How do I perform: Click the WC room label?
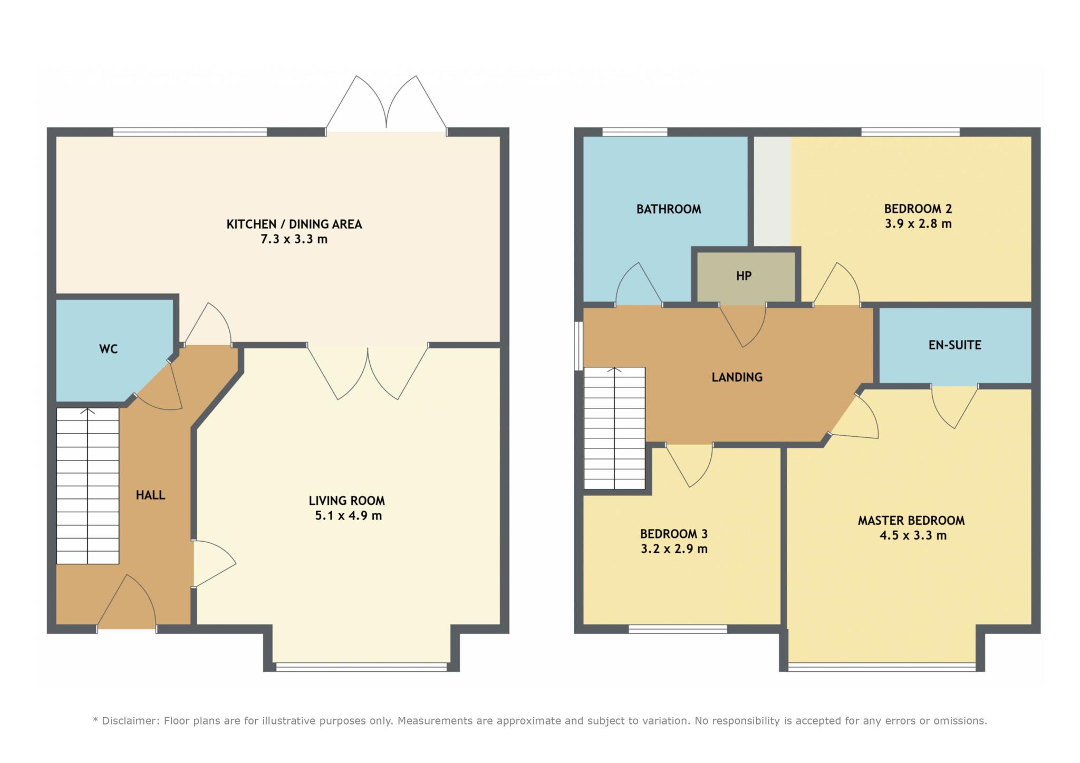tap(108, 349)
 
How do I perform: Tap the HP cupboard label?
tap(744, 276)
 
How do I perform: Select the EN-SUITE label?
tap(955, 345)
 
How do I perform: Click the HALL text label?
tap(150, 495)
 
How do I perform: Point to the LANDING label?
tap(737, 377)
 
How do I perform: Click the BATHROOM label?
tap(669, 209)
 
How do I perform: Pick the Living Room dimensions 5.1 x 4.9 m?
tap(348, 515)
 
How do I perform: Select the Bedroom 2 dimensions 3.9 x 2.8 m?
tap(918, 223)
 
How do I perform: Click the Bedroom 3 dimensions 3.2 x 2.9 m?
tap(674, 549)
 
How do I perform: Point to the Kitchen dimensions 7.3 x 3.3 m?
tap(294, 239)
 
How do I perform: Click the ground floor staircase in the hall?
tap(88, 486)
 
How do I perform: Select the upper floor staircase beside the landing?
tap(614, 428)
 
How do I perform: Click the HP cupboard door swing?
tap(743, 325)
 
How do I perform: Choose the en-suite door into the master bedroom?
tap(955, 406)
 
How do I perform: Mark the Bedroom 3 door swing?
tap(689, 465)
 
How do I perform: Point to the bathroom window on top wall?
tap(634, 132)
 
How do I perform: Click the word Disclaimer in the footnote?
tap(129, 721)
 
